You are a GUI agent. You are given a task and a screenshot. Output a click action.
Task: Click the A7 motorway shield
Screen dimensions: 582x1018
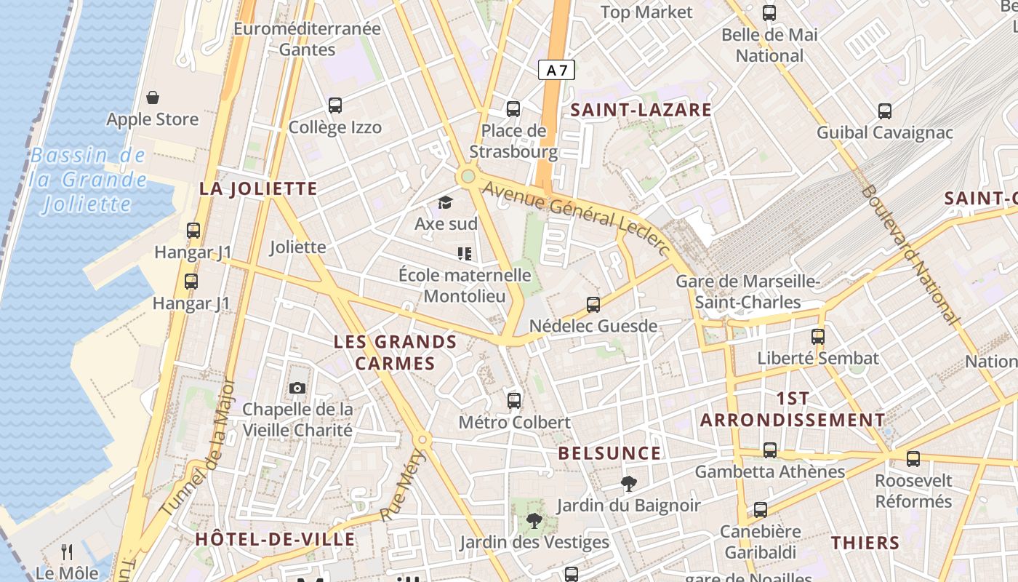coord(556,71)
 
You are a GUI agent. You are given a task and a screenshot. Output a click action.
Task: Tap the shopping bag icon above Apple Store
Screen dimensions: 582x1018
coord(153,97)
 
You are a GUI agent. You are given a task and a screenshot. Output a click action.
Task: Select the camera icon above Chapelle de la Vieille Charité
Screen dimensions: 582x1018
coord(297,388)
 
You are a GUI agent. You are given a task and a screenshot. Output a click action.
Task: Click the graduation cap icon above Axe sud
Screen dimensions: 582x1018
coord(445,202)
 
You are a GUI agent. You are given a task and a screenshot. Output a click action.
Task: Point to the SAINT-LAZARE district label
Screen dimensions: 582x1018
coord(641,110)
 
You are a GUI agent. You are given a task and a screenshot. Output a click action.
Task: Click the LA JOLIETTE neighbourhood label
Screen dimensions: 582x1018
coord(258,189)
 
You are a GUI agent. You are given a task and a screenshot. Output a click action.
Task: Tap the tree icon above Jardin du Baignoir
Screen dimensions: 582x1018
coord(628,483)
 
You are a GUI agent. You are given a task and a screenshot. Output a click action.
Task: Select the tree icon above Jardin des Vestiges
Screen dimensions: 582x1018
coord(534,520)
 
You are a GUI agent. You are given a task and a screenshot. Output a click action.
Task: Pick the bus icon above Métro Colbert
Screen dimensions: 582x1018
coord(514,400)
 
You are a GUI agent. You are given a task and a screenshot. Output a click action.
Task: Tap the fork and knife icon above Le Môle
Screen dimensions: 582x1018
coord(67,551)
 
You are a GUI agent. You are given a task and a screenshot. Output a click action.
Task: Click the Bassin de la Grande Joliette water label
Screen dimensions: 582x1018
coord(88,180)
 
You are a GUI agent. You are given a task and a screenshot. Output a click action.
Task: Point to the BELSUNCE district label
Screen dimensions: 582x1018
coord(609,453)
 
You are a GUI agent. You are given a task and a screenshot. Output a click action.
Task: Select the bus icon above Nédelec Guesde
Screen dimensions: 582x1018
coord(593,304)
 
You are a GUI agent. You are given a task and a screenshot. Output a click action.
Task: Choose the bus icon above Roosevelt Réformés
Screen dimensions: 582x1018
coord(913,459)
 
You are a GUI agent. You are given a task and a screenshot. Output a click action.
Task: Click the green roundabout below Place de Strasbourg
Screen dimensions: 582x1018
coord(468,176)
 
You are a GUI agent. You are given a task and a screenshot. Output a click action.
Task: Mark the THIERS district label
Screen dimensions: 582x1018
coord(865,543)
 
